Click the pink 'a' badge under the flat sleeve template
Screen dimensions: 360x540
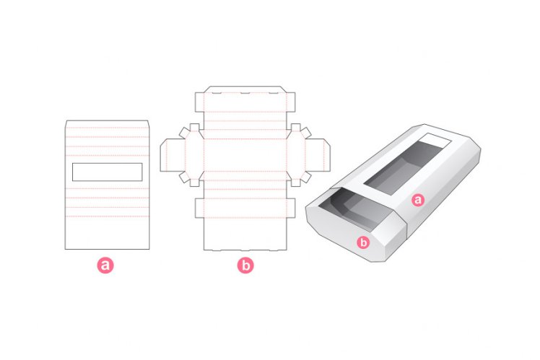coord(105,265)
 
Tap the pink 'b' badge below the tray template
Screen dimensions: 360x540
coord(245,265)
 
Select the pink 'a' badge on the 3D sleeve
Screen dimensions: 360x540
coord(417,201)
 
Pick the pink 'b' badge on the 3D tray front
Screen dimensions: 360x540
coord(363,242)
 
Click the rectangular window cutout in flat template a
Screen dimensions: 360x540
coord(107,171)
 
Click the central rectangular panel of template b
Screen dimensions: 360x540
coord(245,154)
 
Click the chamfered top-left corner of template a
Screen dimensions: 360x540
coord(67,121)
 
